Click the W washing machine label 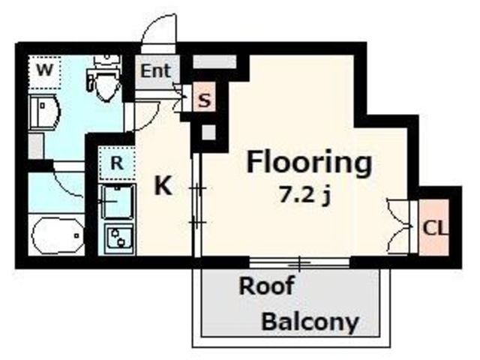pos(45,70)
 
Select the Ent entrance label pos(155,71)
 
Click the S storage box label pos(205,100)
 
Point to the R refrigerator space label pos(117,163)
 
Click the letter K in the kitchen pos(163,186)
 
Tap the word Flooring pos(309,163)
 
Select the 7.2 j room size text pos(305,196)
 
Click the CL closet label pos(435,228)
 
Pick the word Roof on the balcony pos(266,285)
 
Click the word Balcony pos(310,322)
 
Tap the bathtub pos(57,235)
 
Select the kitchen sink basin pos(118,202)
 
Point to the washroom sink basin pos(45,112)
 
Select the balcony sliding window pos(299,263)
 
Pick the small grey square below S pos(209,132)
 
